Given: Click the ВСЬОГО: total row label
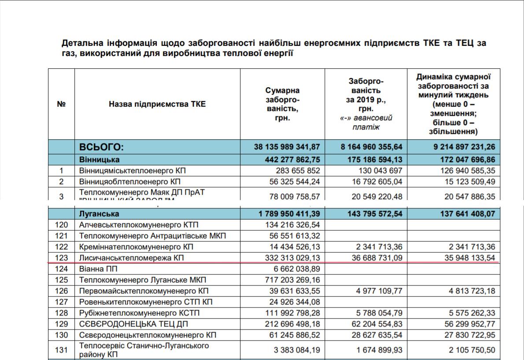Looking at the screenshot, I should click(102, 147).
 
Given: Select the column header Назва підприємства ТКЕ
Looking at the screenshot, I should click(157, 104).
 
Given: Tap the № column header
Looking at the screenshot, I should click(62, 104).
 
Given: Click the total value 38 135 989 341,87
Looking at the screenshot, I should click(287, 147).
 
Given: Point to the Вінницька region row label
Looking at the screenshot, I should click(100, 159).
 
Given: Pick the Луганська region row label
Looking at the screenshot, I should click(99, 214).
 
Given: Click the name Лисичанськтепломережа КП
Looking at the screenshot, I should click(131, 258).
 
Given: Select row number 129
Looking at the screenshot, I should click(62, 324).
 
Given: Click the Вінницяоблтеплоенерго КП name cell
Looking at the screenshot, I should click(130, 182).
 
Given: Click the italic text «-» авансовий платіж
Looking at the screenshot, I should click(366, 122).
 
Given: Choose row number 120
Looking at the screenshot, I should click(62, 225).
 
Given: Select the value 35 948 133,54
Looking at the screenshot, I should click(467, 258).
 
